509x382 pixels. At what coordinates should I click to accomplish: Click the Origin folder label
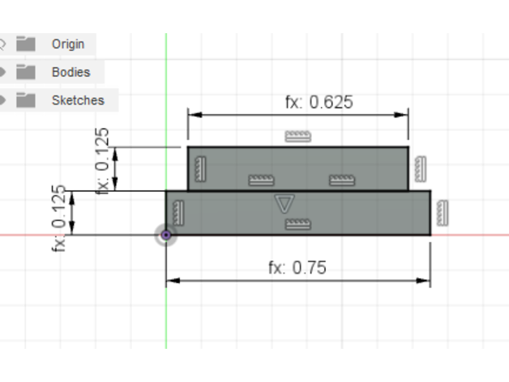click(68, 44)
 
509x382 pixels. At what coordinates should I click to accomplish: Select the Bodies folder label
click(71, 72)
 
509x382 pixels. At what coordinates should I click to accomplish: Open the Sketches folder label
click(79, 100)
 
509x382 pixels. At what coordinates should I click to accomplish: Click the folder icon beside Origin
click(26, 44)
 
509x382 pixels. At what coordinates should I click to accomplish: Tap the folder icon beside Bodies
click(26, 72)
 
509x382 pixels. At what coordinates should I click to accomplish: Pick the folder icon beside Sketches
click(26, 100)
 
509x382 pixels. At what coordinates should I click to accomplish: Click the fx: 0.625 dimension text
click(319, 102)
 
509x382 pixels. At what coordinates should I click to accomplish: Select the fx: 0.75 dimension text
click(297, 268)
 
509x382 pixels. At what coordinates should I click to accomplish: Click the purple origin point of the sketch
click(166, 235)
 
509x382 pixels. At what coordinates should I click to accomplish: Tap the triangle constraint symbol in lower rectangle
click(284, 204)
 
